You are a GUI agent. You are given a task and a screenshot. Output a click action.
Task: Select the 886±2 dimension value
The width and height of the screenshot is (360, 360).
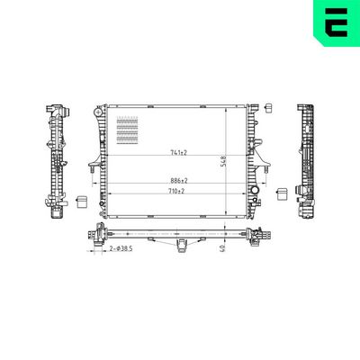[x=176, y=181]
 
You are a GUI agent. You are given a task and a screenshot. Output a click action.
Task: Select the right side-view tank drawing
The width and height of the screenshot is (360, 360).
[x=304, y=162]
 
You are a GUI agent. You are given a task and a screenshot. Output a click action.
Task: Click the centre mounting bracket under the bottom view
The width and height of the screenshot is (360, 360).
[x=181, y=244]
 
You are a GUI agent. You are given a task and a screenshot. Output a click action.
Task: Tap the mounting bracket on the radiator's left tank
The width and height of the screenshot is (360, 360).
[x=94, y=165]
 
